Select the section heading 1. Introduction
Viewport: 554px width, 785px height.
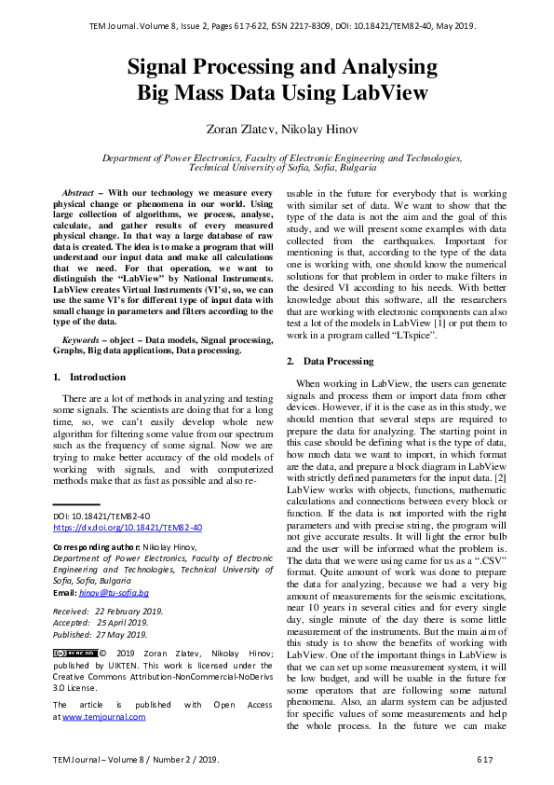pyautogui.click(x=89, y=377)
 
